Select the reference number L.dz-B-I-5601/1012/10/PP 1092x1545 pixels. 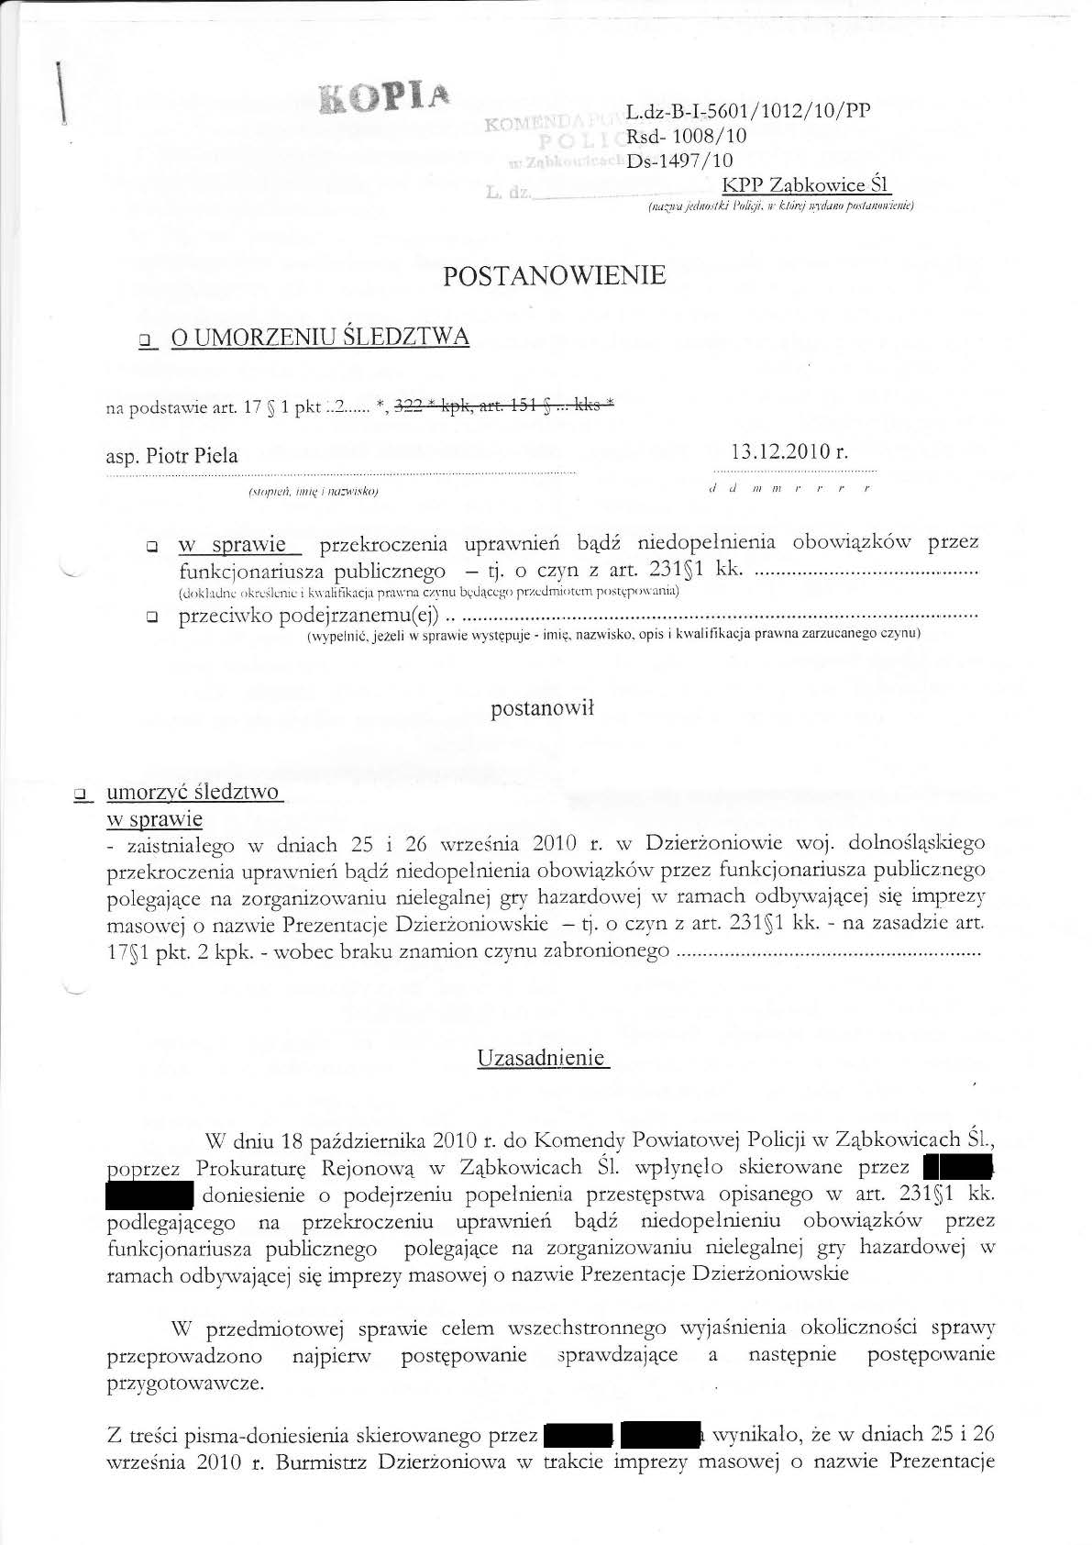[x=748, y=112]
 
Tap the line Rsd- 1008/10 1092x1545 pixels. [x=687, y=137]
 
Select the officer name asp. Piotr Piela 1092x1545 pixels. [x=172, y=456]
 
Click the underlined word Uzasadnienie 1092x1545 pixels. [x=543, y=1058]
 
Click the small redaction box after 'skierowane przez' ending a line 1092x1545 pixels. [x=959, y=1168]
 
